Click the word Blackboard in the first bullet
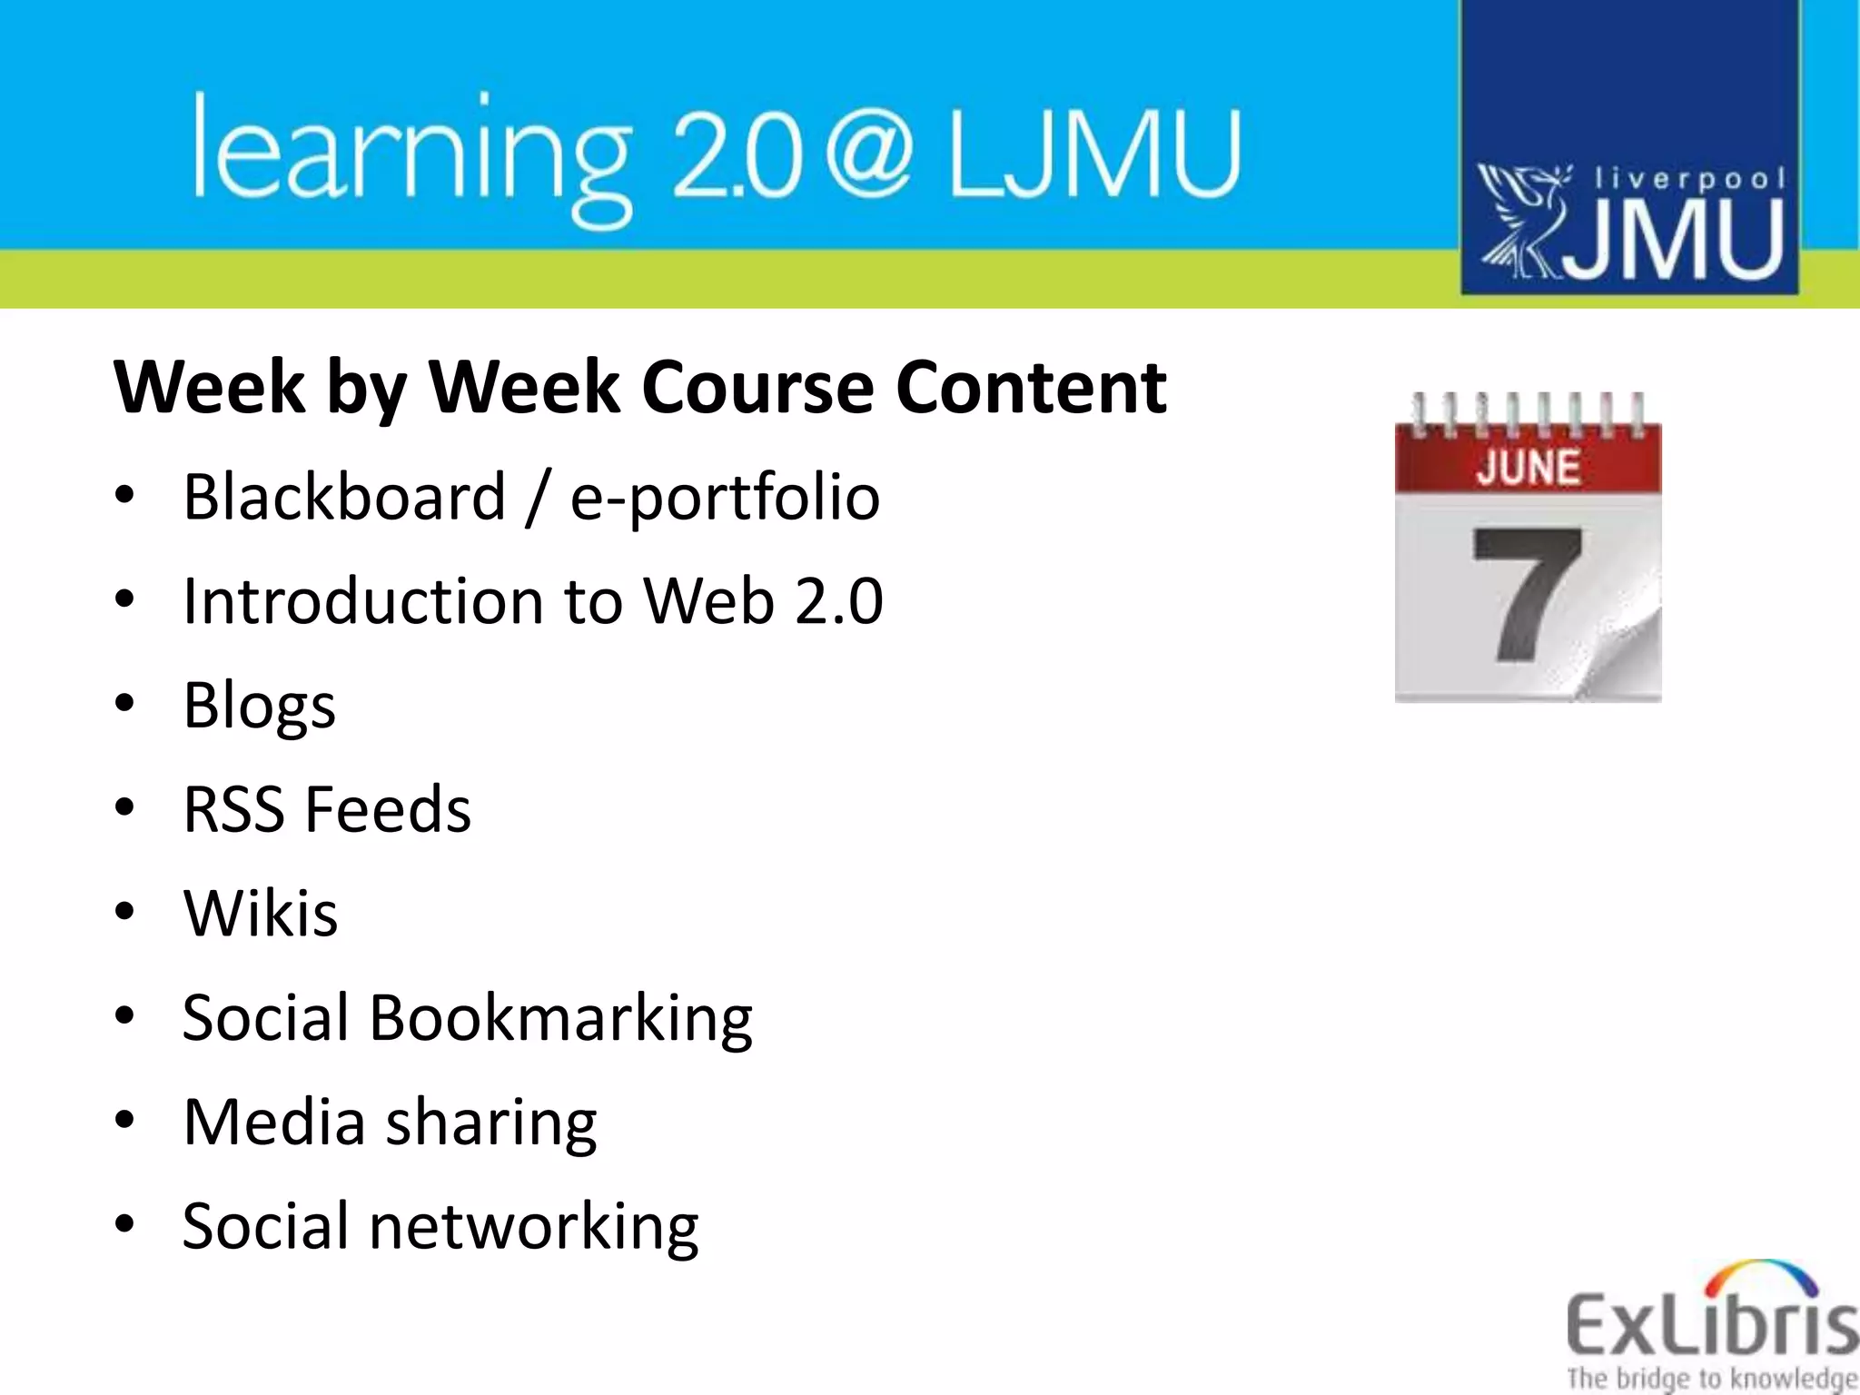pos(344,498)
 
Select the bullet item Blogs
pos(259,706)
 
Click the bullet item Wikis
pos(261,913)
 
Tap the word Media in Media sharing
pos(273,1122)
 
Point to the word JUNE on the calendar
pos(1529,468)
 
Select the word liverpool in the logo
pos(1690,178)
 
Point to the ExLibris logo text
pos(1711,1326)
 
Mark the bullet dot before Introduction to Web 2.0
pos(125,600)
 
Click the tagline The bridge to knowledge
pos(1711,1378)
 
